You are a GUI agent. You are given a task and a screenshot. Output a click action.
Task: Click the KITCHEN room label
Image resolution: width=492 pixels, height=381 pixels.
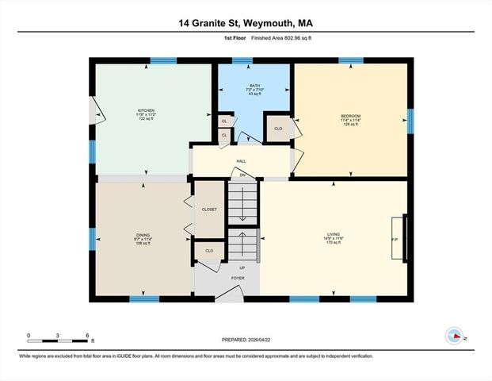147,110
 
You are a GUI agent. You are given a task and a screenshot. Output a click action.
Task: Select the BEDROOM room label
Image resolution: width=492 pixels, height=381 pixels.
351,117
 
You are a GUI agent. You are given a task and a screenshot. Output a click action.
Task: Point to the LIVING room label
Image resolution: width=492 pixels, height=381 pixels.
334,235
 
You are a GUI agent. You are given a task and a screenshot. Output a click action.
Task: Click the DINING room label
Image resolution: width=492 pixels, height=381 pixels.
143,235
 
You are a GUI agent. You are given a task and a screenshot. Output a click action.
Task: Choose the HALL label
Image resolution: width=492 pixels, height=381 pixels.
241,161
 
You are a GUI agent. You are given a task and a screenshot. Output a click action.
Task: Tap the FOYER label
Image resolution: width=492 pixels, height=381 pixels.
238,279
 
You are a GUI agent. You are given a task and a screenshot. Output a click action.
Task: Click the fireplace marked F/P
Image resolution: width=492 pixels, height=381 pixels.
399,238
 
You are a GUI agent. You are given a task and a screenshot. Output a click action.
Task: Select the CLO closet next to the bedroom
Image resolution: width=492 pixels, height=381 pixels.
278,129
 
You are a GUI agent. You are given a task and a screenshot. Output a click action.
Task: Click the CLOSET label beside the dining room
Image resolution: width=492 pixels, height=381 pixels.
209,210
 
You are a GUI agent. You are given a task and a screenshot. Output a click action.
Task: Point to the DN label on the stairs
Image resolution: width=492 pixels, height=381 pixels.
242,175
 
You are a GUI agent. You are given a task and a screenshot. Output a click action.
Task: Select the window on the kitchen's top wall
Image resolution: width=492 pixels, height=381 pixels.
163,60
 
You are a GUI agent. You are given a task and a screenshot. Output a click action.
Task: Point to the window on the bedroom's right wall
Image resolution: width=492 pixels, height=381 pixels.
410,120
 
